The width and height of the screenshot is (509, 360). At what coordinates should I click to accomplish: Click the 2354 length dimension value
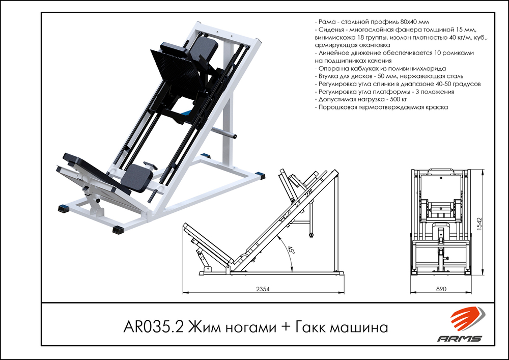pyautogui.click(x=262, y=289)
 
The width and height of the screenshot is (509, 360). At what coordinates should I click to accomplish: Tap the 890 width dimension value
pyautogui.click(x=441, y=289)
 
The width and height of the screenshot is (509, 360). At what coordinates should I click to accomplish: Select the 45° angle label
pyautogui.click(x=291, y=251)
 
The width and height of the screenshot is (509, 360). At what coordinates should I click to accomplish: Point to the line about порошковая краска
pyautogui.click(x=381, y=107)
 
